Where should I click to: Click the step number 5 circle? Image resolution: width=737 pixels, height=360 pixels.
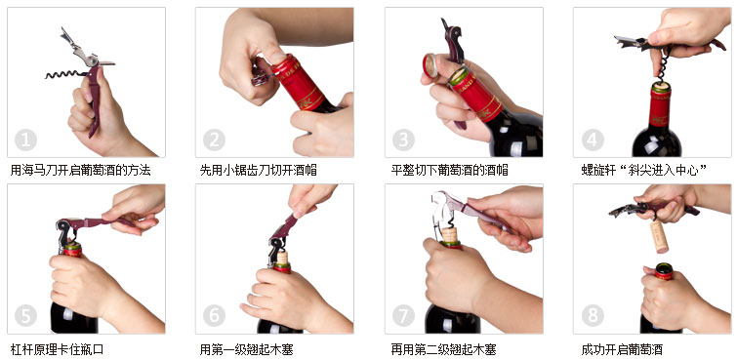point(26,315)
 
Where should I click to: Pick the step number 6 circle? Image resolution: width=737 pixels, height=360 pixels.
point(215,315)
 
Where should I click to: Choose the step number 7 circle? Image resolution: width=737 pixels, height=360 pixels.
point(404,315)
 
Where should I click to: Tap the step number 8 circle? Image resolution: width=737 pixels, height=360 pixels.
point(593,315)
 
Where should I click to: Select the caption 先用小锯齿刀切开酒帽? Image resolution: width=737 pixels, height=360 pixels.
point(258,170)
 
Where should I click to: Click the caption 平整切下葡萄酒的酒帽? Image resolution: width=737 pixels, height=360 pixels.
point(449,170)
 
